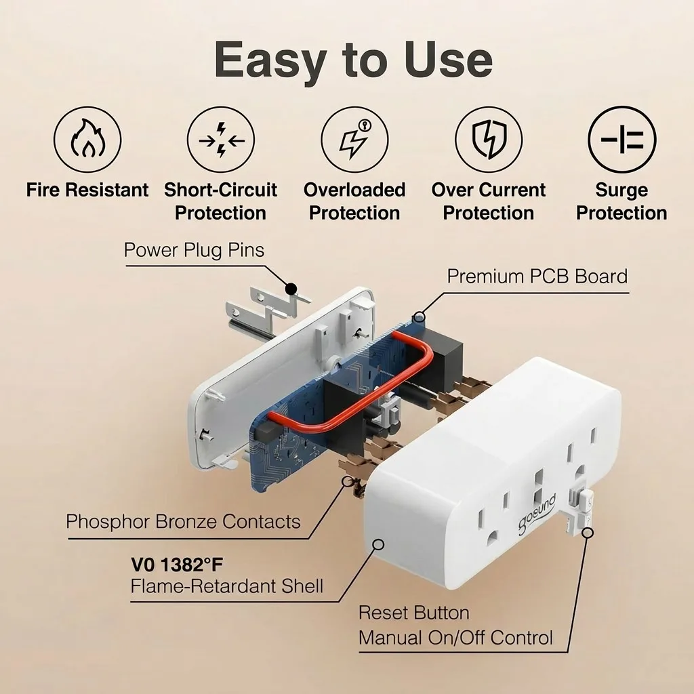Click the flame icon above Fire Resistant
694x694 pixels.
click(x=87, y=140)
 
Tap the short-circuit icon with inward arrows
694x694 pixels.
click(x=221, y=140)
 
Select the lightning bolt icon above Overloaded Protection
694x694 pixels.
click(x=354, y=140)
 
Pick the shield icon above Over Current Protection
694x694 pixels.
click(x=489, y=140)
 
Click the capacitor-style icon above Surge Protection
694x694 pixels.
click(x=622, y=140)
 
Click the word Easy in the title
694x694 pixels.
click(x=270, y=60)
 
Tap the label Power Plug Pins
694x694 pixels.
click(x=194, y=250)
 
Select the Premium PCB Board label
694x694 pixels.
click(x=537, y=277)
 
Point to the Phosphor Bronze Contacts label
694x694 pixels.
click(x=183, y=521)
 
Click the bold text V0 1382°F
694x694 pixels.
click(x=177, y=565)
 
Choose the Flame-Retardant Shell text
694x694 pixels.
click(x=226, y=586)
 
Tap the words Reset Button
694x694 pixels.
click(x=414, y=613)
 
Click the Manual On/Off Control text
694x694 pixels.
click(x=455, y=638)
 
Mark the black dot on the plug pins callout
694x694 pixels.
click(x=291, y=289)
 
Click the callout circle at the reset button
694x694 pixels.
click(x=588, y=533)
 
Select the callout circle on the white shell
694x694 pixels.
click(x=378, y=544)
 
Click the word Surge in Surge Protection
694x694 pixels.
click(x=621, y=190)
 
